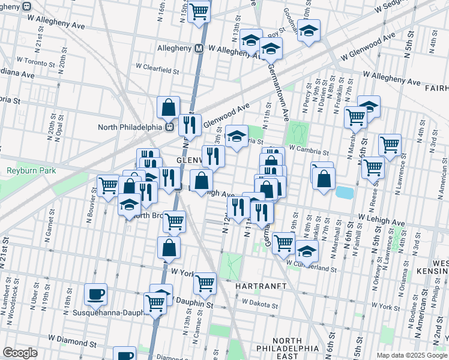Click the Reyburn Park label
pyautogui.click(x=31, y=171)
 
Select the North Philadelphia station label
pyautogui.click(x=131, y=127)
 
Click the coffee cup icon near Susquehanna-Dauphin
pyautogui.click(x=95, y=294)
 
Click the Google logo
pyautogui.click(x=19, y=353)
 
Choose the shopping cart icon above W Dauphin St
pyautogui.click(x=205, y=282)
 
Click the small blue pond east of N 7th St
pyautogui.click(x=344, y=192)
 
